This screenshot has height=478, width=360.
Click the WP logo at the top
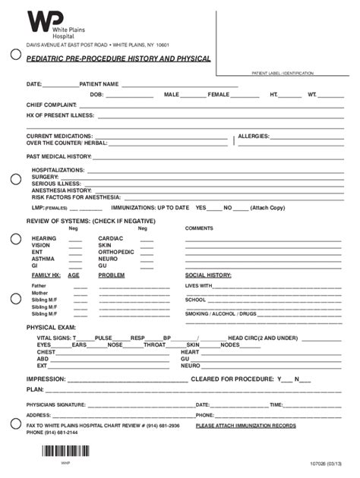coord(39,24)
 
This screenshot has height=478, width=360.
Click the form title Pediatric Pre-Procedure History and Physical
coord(118,58)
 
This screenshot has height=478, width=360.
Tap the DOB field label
coord(96,95)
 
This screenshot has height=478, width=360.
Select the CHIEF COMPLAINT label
coord(51,105)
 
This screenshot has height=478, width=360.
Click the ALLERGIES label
coord(254,137)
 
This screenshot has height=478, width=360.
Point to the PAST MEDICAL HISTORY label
coord(58,156)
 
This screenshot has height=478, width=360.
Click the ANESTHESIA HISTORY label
coord(62,190)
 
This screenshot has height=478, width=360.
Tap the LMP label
coord(36,207)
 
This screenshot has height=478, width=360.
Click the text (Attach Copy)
coord(267,207)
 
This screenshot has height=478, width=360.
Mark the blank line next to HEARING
coord(76,238)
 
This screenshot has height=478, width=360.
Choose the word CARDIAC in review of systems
coord(111,238)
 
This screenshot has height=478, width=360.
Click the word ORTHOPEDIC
coord(116,252)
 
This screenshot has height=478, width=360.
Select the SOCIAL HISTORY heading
coord(208,275)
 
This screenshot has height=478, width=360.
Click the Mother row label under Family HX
coord(39,293)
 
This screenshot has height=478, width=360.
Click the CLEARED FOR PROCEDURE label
coord(232,379)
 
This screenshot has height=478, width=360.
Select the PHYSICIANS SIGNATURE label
coord(56,405)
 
